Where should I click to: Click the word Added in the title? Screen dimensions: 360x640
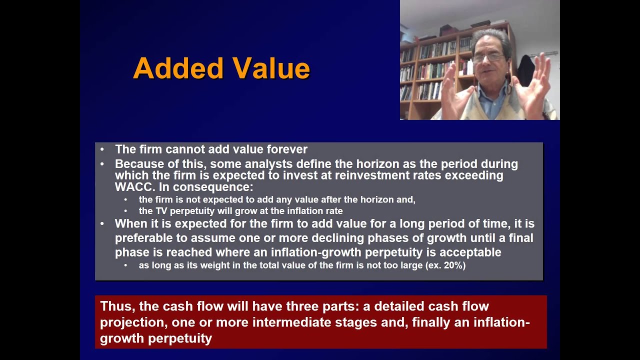pyautogui.click(x=178, y=68)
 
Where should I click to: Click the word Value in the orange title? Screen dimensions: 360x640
pyautogui.click(x=267, y=68)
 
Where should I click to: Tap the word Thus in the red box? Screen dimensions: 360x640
pyautogui.click(x=115, y=306)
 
